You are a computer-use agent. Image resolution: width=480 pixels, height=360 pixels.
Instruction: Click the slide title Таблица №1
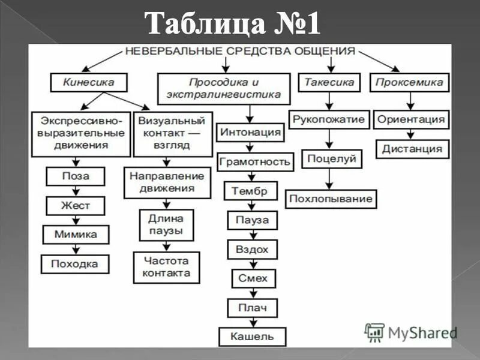click(x=234, y=26)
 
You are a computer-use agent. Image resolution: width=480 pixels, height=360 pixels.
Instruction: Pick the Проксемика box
click(x=410, y=82)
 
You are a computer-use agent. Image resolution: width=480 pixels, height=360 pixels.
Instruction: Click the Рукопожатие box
click(x=329, y=119)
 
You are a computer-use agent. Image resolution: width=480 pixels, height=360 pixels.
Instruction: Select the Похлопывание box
click(x=331, y=199)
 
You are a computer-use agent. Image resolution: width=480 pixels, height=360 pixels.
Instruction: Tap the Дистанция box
click(x=412, y=149)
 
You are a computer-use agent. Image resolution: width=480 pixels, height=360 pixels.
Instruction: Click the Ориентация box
click(x=412, y=119)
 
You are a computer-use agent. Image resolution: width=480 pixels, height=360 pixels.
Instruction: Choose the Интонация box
click(x=251, y=132)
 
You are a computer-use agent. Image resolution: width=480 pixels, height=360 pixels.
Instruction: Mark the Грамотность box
click(x=255, y=161)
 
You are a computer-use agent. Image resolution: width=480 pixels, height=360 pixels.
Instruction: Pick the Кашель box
click(x=253, y=337)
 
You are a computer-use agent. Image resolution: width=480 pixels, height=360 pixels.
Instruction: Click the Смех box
click(x=253, y=278)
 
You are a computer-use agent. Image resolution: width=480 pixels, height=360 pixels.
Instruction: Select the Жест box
click(x=76, y=205)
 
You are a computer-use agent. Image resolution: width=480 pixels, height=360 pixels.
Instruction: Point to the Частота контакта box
click(x=166, y=267)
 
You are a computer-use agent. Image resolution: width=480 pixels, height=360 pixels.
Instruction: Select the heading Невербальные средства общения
click(x=240, y=52)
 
